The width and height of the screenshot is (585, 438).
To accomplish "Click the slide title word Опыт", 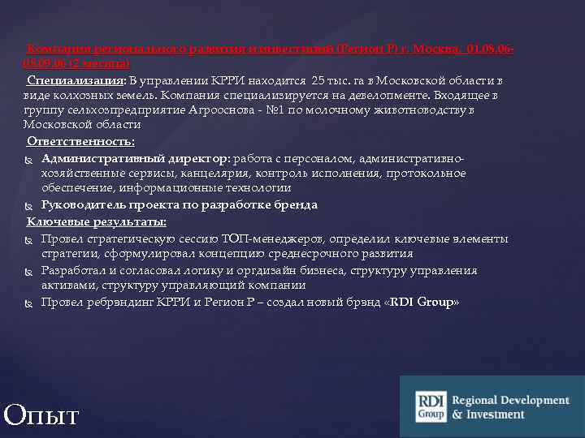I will (41, 414).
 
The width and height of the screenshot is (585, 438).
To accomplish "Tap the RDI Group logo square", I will (431, 406).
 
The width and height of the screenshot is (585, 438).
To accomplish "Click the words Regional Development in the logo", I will (510, 401).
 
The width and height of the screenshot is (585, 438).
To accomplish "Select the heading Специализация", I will (76, 80).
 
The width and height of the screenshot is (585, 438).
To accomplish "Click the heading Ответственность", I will (80, 142).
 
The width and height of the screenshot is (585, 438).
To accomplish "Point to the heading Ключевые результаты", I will (97, 221).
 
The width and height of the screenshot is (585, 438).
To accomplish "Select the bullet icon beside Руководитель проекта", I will (29, 205).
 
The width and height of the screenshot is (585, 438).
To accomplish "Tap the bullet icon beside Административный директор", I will (29, 158).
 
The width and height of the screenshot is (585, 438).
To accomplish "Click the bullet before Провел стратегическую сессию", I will (29, 239).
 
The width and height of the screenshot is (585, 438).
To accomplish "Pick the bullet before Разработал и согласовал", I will (29, 271).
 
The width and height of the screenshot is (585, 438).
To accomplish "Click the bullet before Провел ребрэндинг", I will (29, 303).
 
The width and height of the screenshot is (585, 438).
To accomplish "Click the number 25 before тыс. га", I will (318, 80).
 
